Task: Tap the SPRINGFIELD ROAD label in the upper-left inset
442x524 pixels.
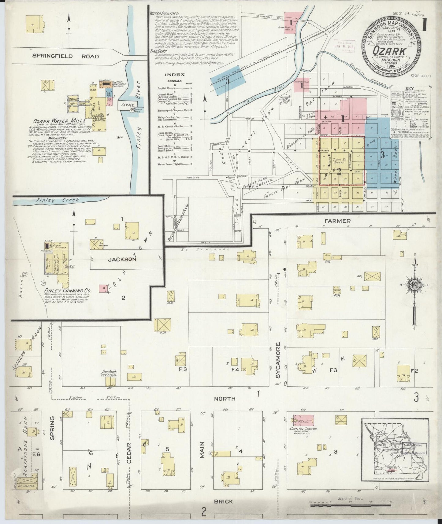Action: point(66,56)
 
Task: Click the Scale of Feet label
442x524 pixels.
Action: point(350,499)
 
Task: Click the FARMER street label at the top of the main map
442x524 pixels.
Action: point(342,220)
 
